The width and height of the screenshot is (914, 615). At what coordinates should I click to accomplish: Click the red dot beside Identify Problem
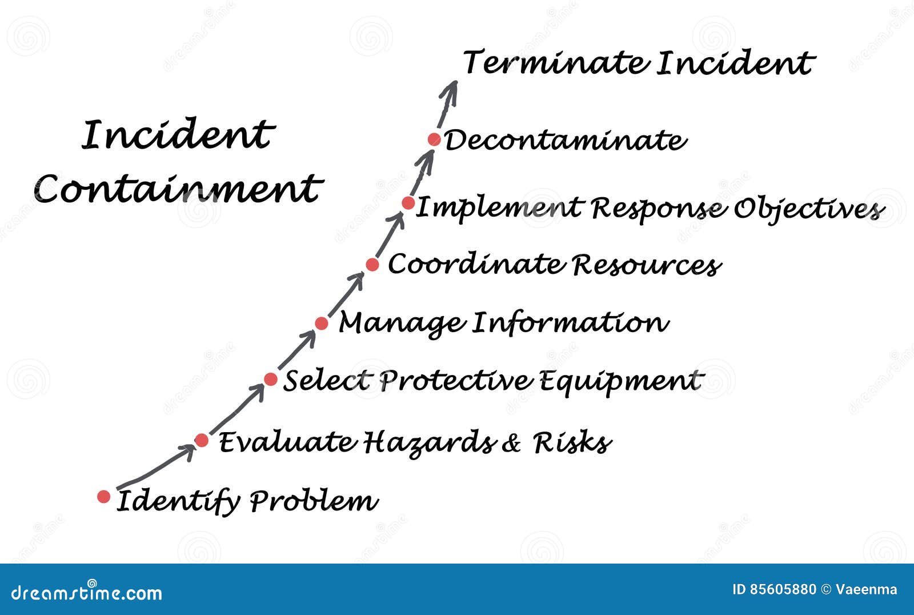103,496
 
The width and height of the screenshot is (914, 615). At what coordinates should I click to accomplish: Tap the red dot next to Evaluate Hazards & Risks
202,440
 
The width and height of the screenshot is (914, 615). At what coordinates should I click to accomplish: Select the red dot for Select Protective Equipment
271,379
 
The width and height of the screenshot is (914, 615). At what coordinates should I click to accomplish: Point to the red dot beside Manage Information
322,324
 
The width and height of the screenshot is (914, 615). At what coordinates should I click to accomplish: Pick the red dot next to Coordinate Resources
372,264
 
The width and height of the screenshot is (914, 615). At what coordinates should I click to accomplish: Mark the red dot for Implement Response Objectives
408,203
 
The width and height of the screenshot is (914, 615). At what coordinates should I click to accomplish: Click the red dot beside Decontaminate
434,139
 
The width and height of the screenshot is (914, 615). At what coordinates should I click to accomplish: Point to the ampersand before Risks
511,443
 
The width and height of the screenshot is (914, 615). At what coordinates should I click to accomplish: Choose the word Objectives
808,209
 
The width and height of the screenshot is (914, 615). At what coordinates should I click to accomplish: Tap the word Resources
646,265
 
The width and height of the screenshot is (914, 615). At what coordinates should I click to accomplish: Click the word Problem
314,501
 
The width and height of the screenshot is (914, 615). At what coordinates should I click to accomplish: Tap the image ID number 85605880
783,589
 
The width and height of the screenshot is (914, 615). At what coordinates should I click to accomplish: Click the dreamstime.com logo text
87,593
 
